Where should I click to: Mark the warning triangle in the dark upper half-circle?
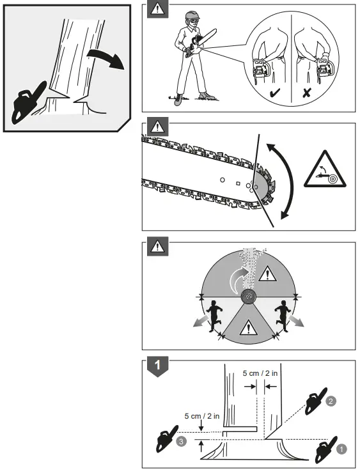pyautogui.click(x=268, y=275)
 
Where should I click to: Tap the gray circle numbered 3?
pyautogui.click(x=182, y=442)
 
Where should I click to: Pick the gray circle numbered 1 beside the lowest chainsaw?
pyautogui.click(x=341, y=449)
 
